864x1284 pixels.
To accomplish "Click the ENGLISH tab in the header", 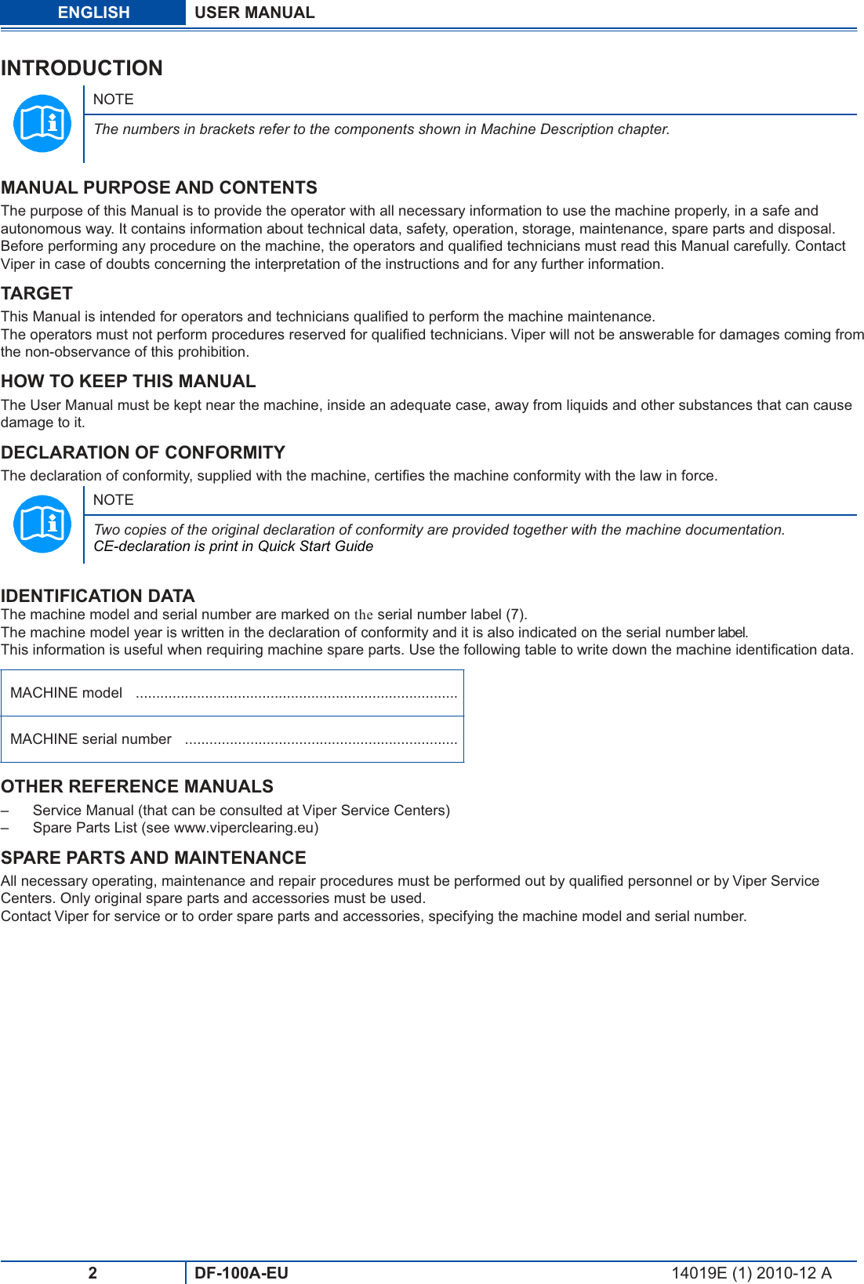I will pyautogui.click(x=93, y=13).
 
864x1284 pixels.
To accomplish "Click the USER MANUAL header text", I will pyautogui.click(x=254, y=13).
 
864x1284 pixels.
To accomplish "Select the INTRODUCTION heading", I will pyautogui.click(x=82, y=68).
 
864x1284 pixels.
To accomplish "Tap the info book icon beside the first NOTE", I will pyautogui.click(x=42, y=123).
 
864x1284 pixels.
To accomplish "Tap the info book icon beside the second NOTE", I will pyautogui.click(x=42, y=524).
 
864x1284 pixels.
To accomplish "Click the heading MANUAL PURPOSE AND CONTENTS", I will pyautogui.click(x=158, y=187).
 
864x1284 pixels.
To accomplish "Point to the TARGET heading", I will pyautogui.click(x=37, y=293).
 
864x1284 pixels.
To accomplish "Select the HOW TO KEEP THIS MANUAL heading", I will pyautogui.click(x=128, y=381).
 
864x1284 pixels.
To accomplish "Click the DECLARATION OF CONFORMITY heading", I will pyautogui.click(x=143, y=452).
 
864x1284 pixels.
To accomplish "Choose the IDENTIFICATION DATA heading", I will pyautogui.click(x=97, y=596).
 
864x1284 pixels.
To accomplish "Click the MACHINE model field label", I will pyautogui.click(x=66, y=693).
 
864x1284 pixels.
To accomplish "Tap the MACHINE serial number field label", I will pyautogui.click(x=90, y=739).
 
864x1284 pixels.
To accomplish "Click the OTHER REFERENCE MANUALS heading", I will pyautogui.click(x=136, y=786).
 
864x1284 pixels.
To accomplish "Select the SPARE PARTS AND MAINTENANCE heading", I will pyautogui.click(x=153, y=858).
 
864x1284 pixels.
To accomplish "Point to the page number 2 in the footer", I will pyautogui.click(x=93, y=1273).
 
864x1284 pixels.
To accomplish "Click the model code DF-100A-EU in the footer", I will pyautogui.click(x=241, y=1273).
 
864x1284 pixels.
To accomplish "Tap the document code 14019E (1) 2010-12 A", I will pyautogui.click(x=750, y=1273).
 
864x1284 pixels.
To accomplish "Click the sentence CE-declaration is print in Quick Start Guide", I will pyautogui.click(x=233, y=546).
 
